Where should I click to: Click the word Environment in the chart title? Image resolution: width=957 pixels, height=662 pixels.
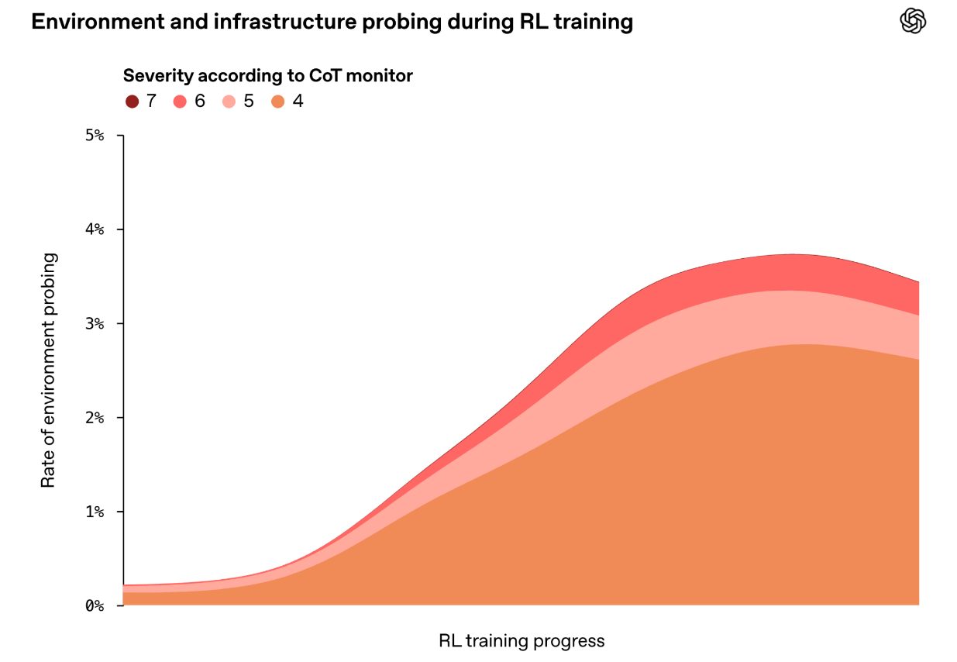click(x=98, y=22)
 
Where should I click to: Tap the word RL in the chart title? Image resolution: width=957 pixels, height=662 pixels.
click(x=534, y=22)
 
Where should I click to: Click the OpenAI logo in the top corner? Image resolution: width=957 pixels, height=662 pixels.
click(x=913, y=20)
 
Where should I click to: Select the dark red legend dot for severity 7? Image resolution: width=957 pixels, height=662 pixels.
click(x=132, y=102)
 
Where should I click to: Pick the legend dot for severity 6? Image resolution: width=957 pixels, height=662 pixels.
click(x=181, y=102)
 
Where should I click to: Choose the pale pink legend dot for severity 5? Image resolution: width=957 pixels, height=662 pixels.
click(x=229, y=102)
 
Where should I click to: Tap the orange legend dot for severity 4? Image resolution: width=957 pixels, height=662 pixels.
click(x=277, y=102)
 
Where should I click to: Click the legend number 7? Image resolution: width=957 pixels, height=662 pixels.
click(x=151, y=102)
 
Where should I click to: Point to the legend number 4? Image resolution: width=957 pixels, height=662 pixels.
click(x=298, y=102)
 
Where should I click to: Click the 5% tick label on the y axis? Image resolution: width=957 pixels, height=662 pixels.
click(x=95, y=136)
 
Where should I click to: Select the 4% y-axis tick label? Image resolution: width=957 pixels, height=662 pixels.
click(x=95, y=229)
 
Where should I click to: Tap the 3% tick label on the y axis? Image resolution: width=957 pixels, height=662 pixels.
click(x=95, y=323)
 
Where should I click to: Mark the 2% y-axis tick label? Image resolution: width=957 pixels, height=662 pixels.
click(x=95, y=418)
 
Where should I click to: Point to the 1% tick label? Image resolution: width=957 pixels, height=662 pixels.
click(x=95, y=512)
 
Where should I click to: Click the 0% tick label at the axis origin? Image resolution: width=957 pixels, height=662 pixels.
click(x=95, y=605)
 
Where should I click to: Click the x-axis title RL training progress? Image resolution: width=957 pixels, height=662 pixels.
click(x=522, y=641)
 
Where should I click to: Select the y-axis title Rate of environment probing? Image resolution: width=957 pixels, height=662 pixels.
click(x=48, y=370)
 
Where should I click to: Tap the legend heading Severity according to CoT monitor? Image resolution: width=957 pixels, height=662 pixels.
click(x=268, y=76)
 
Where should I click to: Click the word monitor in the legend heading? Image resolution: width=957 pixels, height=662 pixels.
click(x=380, y=76)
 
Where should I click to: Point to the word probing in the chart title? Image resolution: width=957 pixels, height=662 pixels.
click(x=401, y=22)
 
